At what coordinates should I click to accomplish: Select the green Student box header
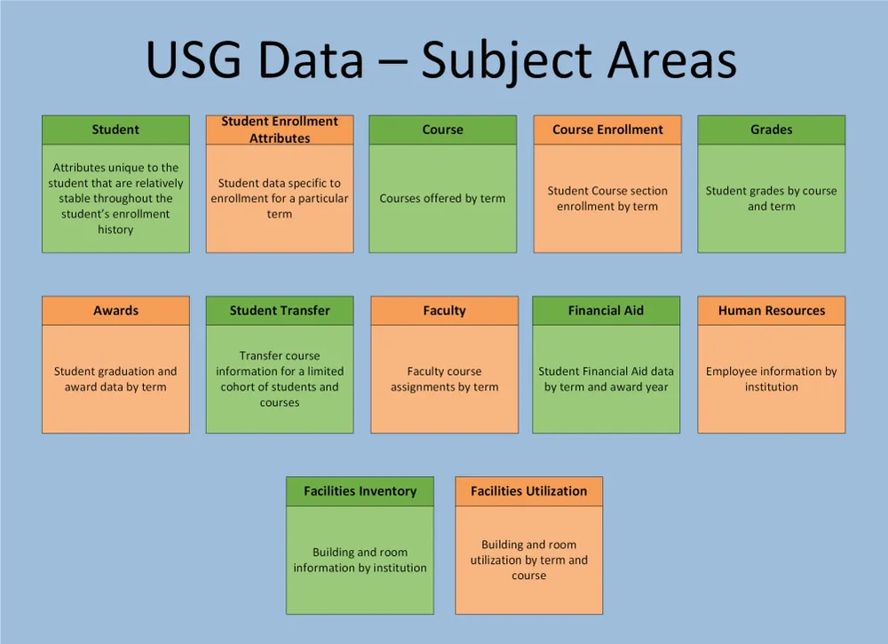[115, 130]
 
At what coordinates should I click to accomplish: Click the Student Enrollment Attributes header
[280, 130]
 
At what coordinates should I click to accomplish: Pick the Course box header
[442, 130]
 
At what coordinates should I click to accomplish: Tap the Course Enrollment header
[607, 130]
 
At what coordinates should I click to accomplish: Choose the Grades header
[771, 130]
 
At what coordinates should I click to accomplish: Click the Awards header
[115, 311]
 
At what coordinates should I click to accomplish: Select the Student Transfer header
[280, 311]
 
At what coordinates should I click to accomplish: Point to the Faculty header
[444, 311]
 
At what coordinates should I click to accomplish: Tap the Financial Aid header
[606, 311]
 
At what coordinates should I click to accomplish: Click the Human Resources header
[771, 311]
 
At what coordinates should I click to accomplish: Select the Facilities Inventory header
[360, 491]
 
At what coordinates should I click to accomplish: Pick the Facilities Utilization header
[528, 491]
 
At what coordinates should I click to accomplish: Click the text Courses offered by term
[442, 198]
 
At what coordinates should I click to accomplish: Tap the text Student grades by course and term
[771, 198]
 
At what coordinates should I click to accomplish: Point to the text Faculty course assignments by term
[444, 379]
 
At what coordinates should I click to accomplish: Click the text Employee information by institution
[771, 379]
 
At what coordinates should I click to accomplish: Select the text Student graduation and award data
[115, 379]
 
